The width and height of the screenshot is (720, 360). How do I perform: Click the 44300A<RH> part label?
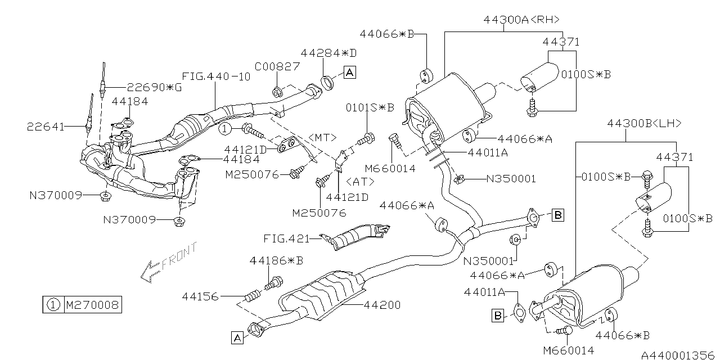tap(521, 20)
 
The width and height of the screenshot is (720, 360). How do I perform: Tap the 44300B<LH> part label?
tap(645, 123)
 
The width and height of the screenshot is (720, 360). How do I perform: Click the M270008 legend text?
tap(92, 305)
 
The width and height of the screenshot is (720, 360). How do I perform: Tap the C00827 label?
tap(277, 66)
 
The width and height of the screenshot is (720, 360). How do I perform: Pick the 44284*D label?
tap(329, 53)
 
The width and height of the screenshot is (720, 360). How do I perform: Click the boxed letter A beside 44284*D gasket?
tap(349, 72)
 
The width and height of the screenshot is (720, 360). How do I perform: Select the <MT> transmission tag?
tap(322, 137)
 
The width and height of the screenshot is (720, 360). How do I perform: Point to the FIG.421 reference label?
tap(286, 238)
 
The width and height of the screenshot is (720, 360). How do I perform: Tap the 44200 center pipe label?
tap(382, 305)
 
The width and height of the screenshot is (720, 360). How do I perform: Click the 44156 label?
tap(200, 295)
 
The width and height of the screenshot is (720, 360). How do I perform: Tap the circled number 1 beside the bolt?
tap(226, 129)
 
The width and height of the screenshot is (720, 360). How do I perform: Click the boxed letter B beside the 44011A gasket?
tap(498, 315)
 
